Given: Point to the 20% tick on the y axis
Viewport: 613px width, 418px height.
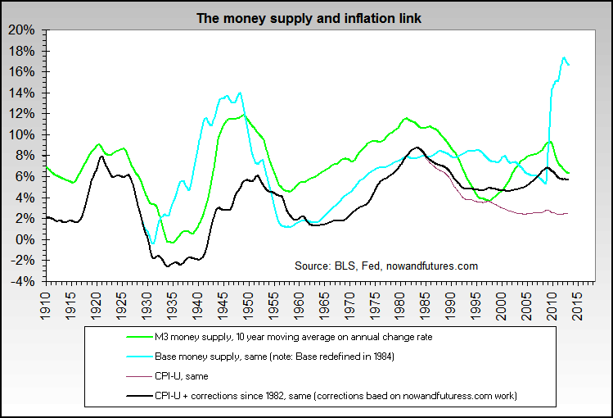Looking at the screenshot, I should click(x=22, y=30).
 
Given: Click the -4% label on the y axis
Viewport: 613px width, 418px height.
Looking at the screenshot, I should click(x=22, y=281).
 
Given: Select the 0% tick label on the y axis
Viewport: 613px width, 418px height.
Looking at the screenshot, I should click(x=25, y=239).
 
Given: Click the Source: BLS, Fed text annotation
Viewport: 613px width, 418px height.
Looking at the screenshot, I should click(x=385, y=266).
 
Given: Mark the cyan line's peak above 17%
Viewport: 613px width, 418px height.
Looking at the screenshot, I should click(x=563, y=57).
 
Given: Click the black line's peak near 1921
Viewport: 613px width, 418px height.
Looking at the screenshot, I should click(x=101, y=156).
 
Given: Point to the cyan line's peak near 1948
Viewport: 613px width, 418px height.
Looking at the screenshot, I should click(x=239, y=93).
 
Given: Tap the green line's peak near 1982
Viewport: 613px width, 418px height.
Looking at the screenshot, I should click(x=405, y=118).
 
